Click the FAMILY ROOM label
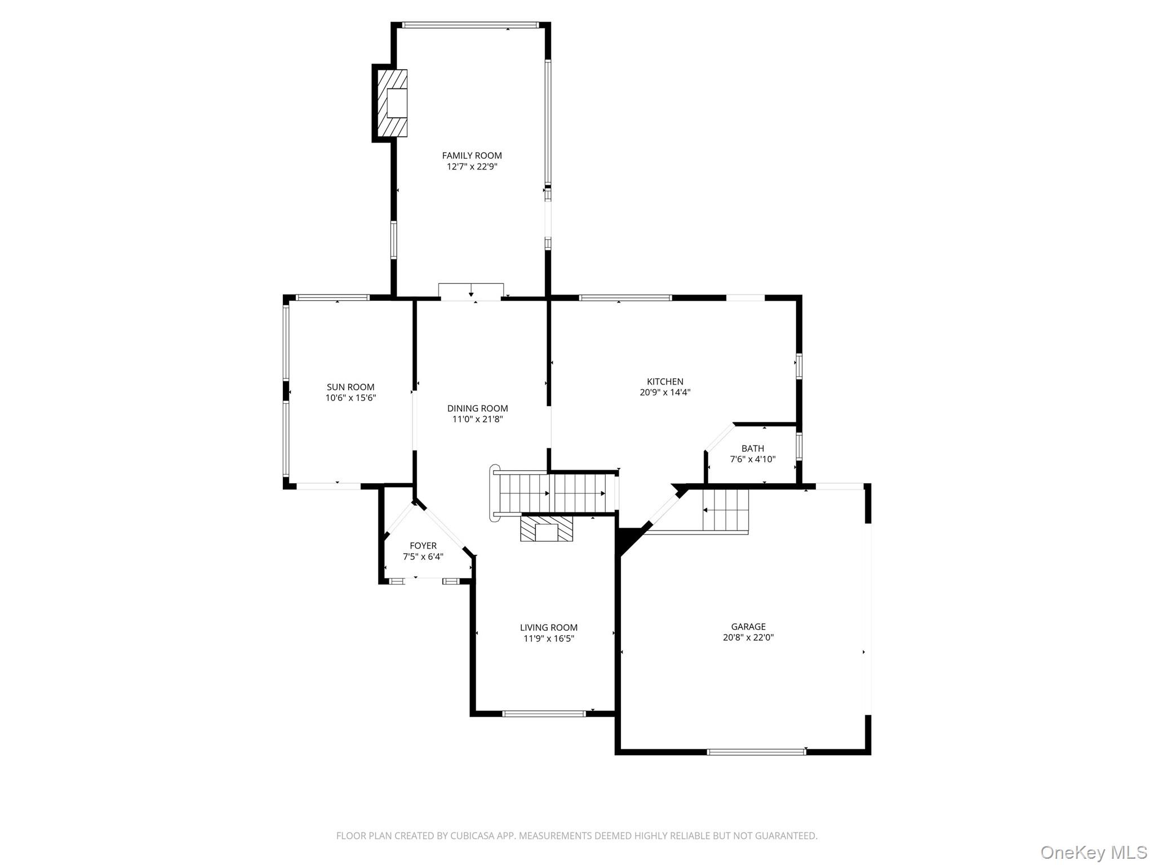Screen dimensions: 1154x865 472,155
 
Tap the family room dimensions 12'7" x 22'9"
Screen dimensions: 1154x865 472,167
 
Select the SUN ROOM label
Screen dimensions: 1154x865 350,387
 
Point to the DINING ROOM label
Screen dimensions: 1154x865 477,408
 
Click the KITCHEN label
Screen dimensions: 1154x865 665,381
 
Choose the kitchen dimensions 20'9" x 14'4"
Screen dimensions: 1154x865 665,393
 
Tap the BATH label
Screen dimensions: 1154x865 753,448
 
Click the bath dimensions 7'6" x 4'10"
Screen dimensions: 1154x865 753,459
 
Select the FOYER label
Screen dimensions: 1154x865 423,546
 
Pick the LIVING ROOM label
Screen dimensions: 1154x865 549,627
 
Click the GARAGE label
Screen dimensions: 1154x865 748,626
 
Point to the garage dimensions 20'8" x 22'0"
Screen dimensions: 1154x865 748,637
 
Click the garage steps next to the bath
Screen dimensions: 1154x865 726,510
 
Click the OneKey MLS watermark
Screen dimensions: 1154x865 1094,852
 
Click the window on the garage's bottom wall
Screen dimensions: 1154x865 756,751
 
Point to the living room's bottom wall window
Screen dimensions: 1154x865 544,714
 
